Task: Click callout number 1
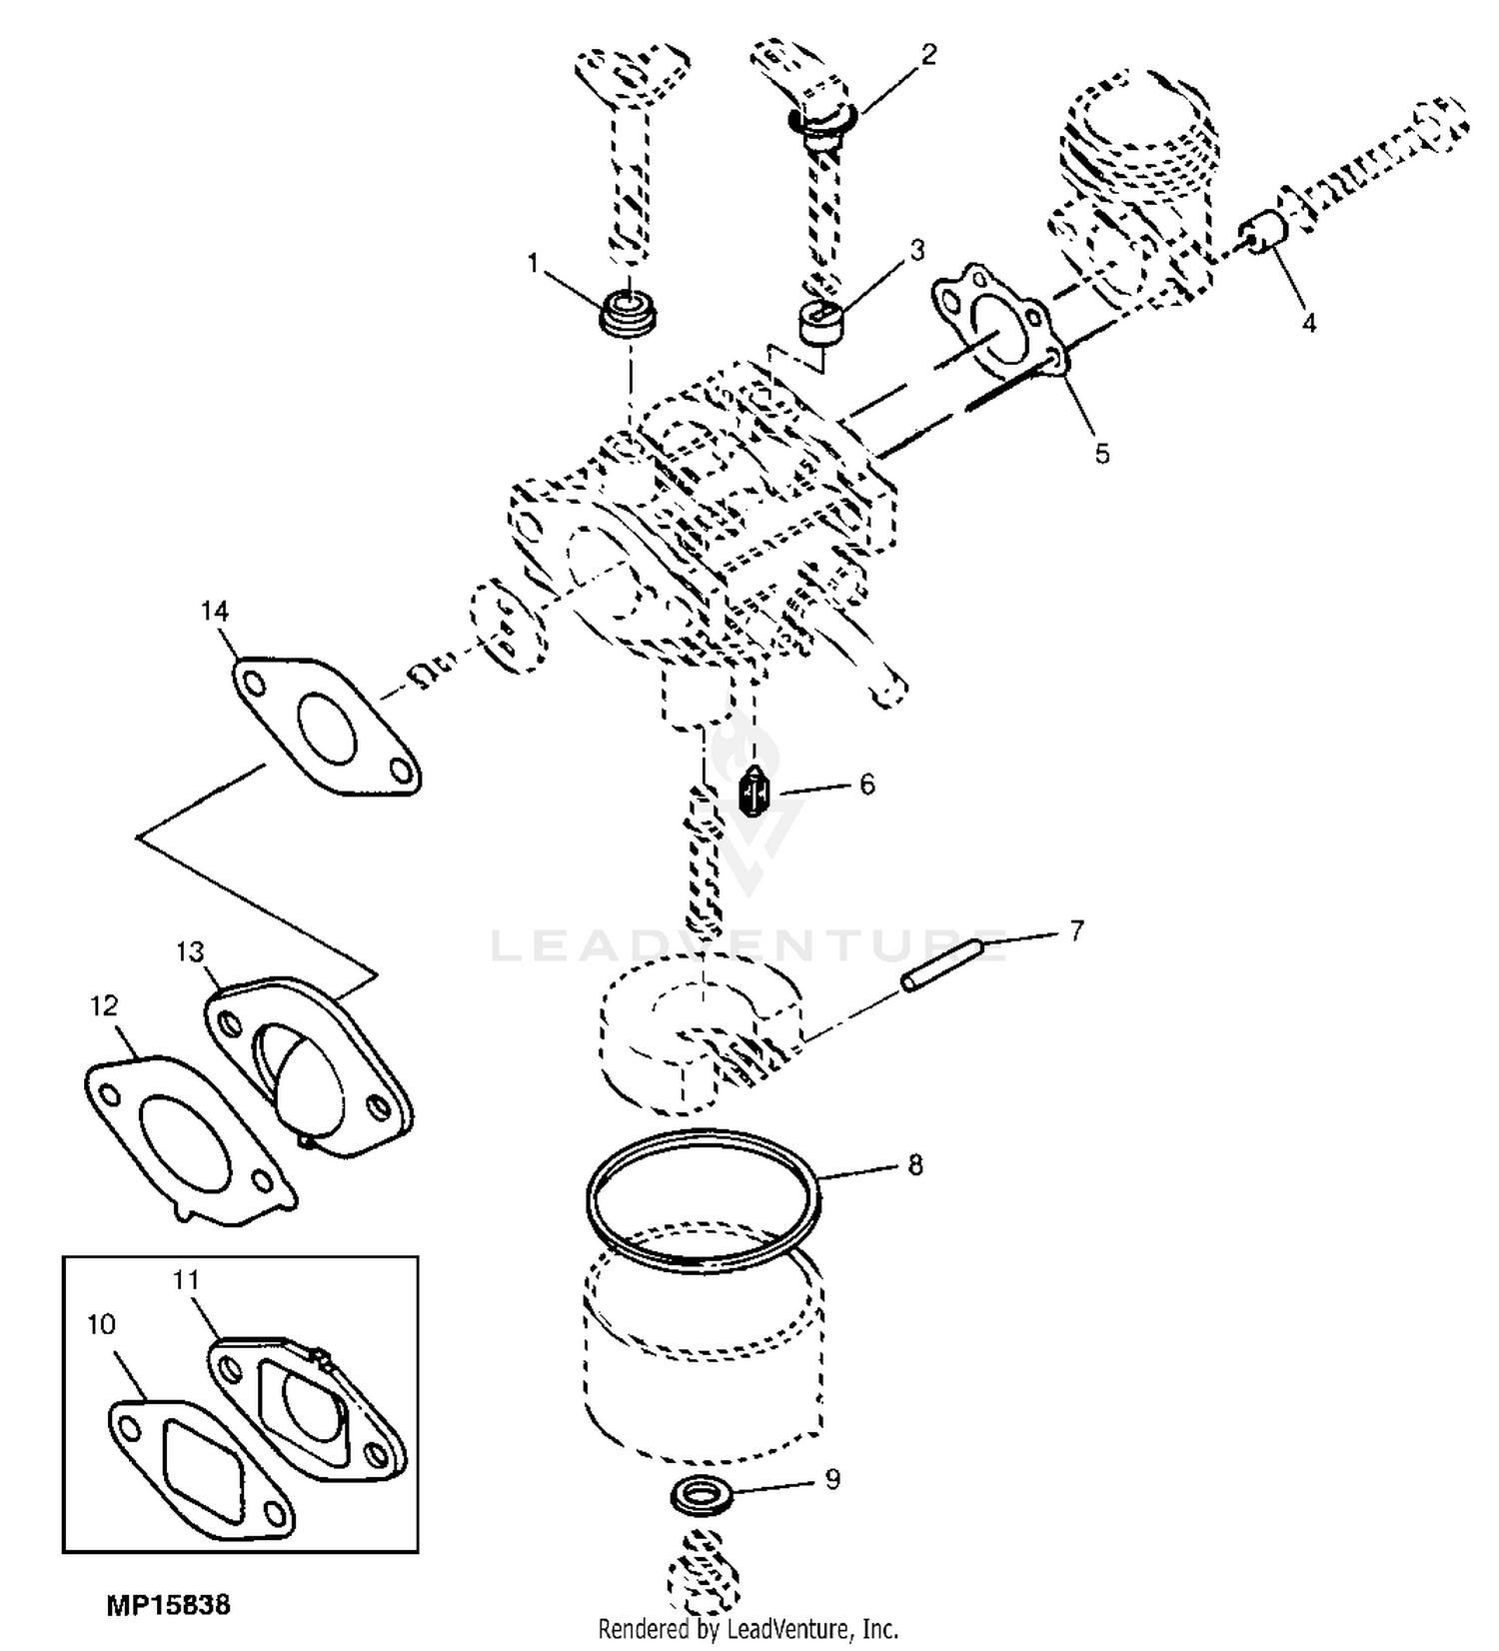(533, 263)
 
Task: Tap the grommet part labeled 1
(629, 314)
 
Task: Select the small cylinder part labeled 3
(820, 324)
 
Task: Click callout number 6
(866, 785)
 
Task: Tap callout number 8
(914, 1165)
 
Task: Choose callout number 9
(831, 1479)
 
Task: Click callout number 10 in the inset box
(102, 1325)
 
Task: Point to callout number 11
(186, 1280)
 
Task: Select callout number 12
(104, 1004)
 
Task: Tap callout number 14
(215, 611)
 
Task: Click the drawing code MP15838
(168, 1606)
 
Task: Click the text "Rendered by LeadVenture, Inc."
(749, 1629)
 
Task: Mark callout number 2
(929, 55)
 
